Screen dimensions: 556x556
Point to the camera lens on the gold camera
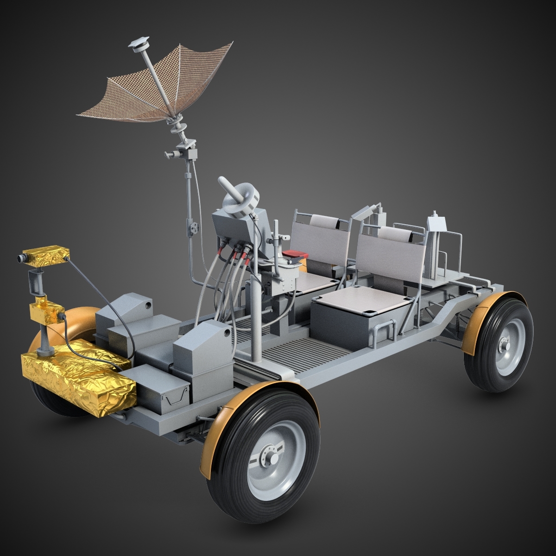pyautogui.click(x=21, y=258)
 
